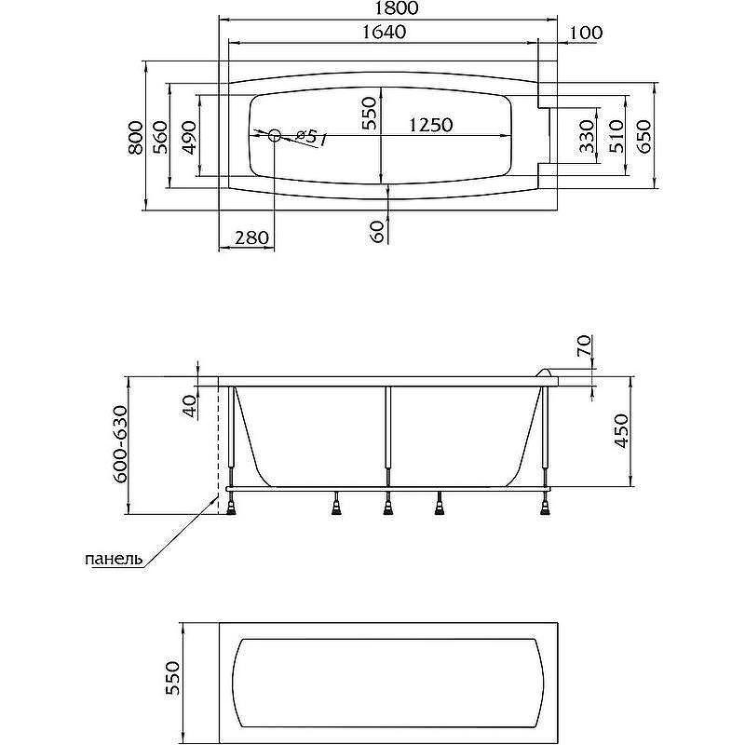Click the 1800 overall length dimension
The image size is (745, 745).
tap(395, 8)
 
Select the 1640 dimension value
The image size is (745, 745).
tap(384, 33)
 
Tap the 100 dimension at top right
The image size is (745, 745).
tap(586, 33)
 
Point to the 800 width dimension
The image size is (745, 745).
tap(135, 137)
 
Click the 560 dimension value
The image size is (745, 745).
tap(161, 137)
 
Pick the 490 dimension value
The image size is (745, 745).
tap(189, 138)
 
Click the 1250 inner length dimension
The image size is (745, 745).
tap(431, 125)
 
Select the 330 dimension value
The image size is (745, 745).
tap(588, 136)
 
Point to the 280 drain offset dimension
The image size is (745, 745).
tap(251, 237)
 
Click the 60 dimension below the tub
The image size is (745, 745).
tap(377, 231)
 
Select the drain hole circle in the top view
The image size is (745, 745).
tap(275, 136)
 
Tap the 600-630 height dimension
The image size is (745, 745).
tap(121, 444)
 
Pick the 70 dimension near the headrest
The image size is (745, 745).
tap(584, 345)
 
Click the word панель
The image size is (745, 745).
tap(114, 559)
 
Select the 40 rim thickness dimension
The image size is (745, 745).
tap(190, 406)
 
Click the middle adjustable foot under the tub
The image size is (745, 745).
tap(388, 505)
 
